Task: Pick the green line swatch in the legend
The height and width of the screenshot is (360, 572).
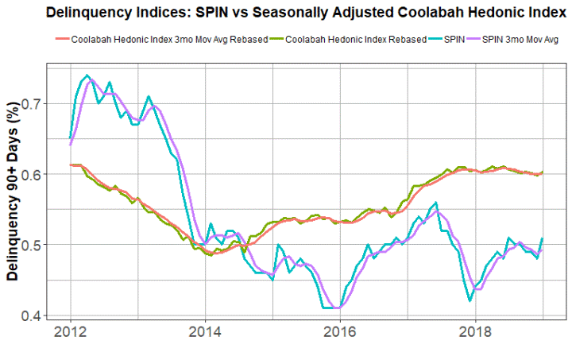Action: point(273,39)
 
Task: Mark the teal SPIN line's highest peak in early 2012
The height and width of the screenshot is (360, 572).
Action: point(87,75)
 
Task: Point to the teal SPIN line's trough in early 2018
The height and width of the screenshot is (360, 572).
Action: point(470,300)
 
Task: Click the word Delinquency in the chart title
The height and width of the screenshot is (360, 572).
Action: point(93,12)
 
